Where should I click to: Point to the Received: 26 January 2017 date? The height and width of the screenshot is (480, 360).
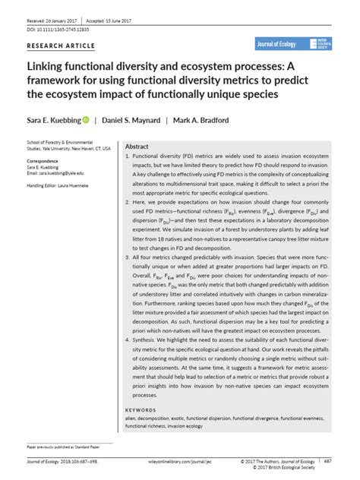43,10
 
